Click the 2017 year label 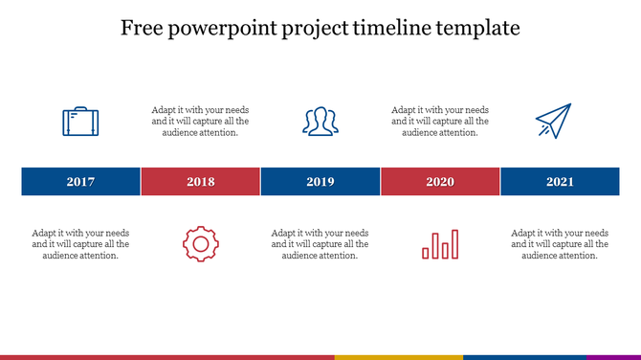(80, 182)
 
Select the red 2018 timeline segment (201, 182)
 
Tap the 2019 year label (320, 182)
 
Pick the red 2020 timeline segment (440, 182)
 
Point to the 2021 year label (560, 182)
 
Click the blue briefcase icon (80, 122)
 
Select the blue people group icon (320, 122)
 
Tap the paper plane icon (552, 122)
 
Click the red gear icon (200, 244)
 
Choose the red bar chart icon (440, 244)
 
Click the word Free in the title (142, 29)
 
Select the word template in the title (477, 29)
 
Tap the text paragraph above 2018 (200, 122)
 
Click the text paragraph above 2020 (440, 122)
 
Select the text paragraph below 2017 (80, 244)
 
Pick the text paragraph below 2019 (320, 244)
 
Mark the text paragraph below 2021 (560, 244)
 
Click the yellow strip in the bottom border (398, 357)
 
